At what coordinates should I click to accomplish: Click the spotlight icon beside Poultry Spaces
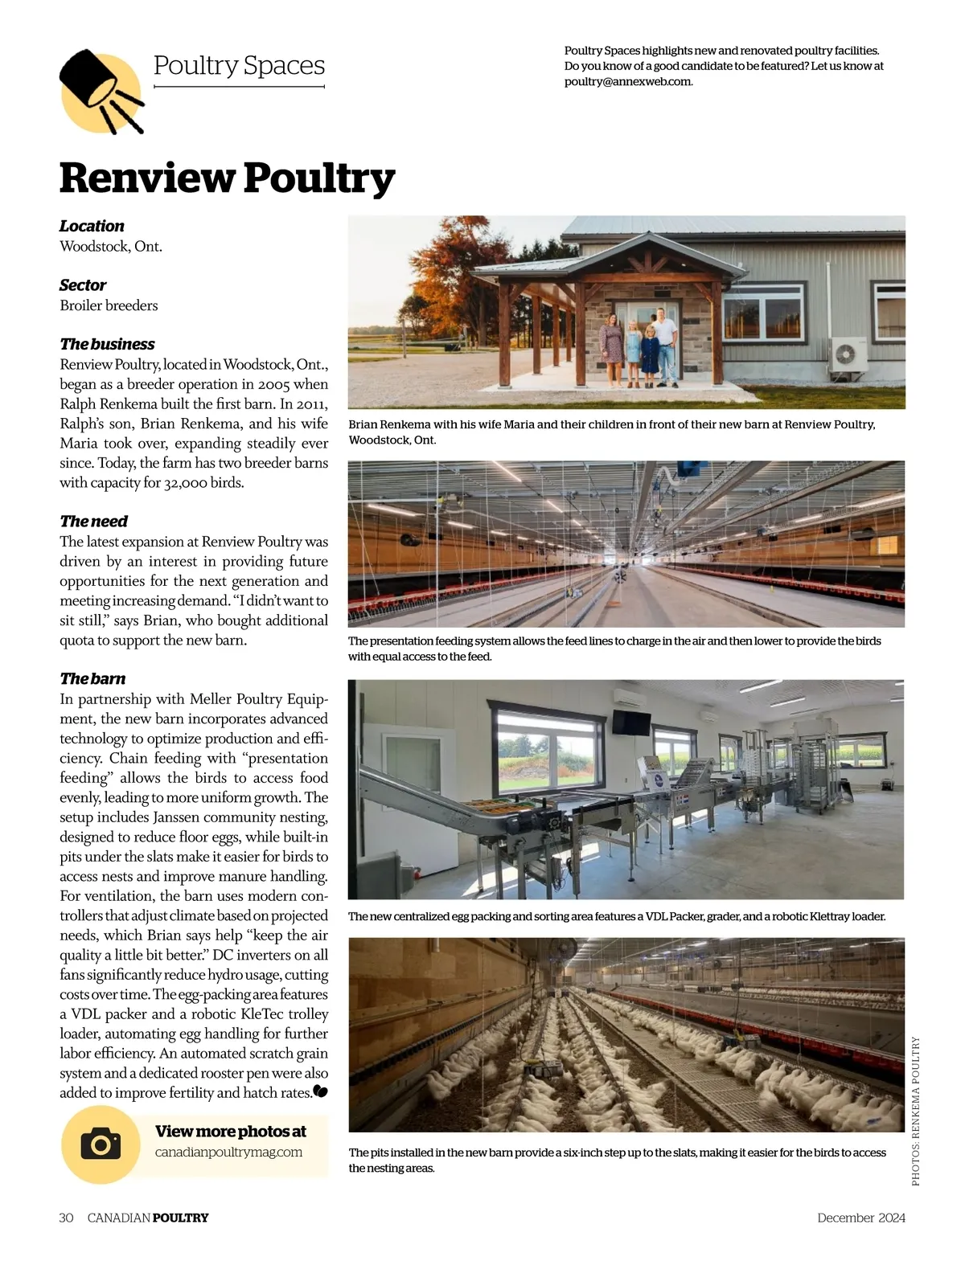100,89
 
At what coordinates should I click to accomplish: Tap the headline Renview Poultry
227,177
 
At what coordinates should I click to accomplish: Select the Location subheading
92,226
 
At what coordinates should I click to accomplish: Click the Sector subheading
83,285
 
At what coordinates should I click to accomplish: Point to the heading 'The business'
107,344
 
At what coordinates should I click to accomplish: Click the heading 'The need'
93,521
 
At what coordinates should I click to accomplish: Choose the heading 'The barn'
92,678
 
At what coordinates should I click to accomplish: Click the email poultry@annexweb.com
628,81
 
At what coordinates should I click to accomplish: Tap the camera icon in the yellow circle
101,1144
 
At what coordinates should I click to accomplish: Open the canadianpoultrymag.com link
228,1152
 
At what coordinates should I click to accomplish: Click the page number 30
66,1218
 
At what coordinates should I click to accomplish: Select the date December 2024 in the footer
860,1218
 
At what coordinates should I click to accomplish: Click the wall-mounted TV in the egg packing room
631,721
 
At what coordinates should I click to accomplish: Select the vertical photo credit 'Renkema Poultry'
915,1110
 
